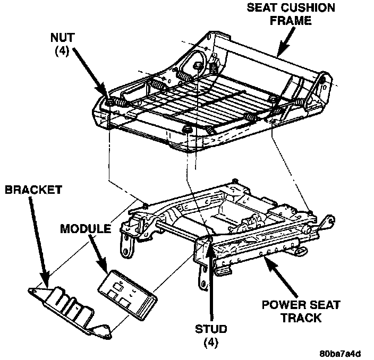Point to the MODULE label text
pos(85,229)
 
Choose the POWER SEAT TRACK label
pos(301,312)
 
